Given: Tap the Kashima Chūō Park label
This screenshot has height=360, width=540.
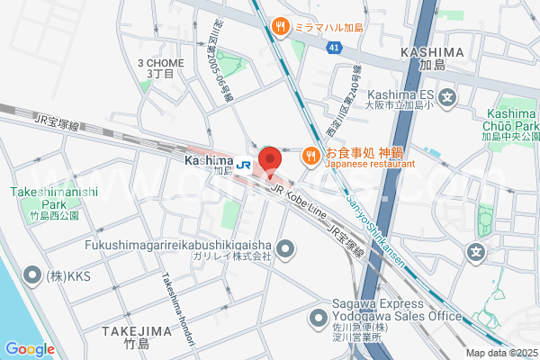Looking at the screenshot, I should point(511,124).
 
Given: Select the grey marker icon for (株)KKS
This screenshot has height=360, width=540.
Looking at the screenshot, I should point(32,274).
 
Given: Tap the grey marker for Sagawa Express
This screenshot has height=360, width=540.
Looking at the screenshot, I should point(318,318).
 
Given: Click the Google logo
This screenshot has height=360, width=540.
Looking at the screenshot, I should point(30,349).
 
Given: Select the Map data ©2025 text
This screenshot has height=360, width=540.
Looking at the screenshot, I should point(500,353).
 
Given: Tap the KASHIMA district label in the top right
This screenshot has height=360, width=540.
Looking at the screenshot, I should point(434,56).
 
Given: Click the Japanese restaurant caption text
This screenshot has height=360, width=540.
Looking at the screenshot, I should point(369,165).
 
